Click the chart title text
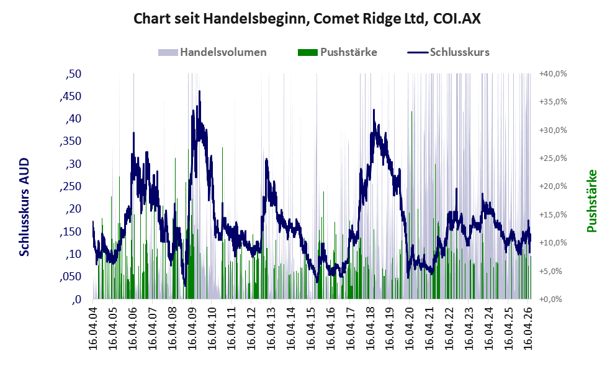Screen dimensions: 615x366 coord(307,19)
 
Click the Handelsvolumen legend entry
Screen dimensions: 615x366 coord(212,52)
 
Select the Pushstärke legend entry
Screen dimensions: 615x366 coord(338,52)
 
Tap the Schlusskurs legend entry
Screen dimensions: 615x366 coord(448,52)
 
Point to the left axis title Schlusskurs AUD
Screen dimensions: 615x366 coord(24,207)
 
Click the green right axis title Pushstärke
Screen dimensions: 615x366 coord(591,201)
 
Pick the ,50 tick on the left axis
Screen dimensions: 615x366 coord(74,74)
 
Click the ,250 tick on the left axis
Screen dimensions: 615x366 coord(71,186)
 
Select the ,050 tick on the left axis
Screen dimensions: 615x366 coord(71,277)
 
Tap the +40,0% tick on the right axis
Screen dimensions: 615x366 coord(553,74)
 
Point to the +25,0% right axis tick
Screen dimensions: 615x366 coord(553,158)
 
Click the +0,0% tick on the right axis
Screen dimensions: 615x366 coord(550,300)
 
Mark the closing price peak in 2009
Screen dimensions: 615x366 coord(200,91)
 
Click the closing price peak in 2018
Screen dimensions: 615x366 coord(374,109)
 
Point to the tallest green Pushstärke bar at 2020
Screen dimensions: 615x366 coord(411,205)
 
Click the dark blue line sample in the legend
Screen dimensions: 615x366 coord(417,52)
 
